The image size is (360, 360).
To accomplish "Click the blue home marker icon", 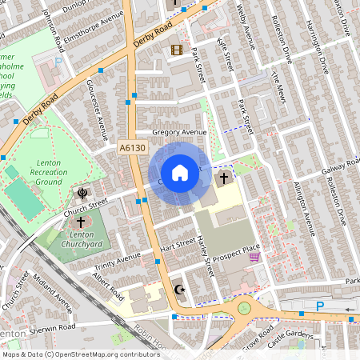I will click(180, 172).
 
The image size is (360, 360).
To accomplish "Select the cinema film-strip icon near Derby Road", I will click(175, 50).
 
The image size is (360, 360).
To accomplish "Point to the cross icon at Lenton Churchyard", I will click(81, 222).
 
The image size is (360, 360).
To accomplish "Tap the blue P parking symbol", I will click(321, 306).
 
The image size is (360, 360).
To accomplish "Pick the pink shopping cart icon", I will click(254, 257).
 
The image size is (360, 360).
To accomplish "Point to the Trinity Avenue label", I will click(117, 261).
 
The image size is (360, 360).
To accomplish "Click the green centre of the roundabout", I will click(245, 307).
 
